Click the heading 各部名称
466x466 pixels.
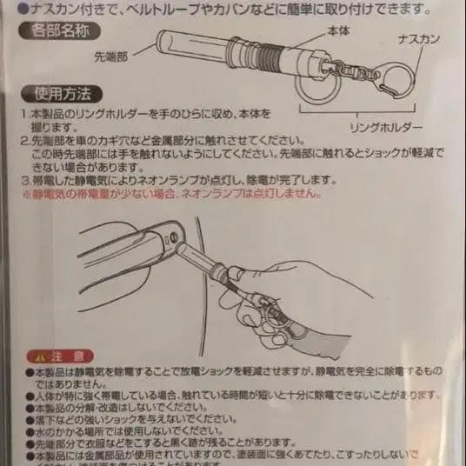(57, 32)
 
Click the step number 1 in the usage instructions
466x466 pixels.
(23, 114)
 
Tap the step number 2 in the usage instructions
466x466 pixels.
(23, 140)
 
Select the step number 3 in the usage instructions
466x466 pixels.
(23, 179)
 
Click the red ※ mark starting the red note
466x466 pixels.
(24, 193)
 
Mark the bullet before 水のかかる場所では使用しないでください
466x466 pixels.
(29, 429)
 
